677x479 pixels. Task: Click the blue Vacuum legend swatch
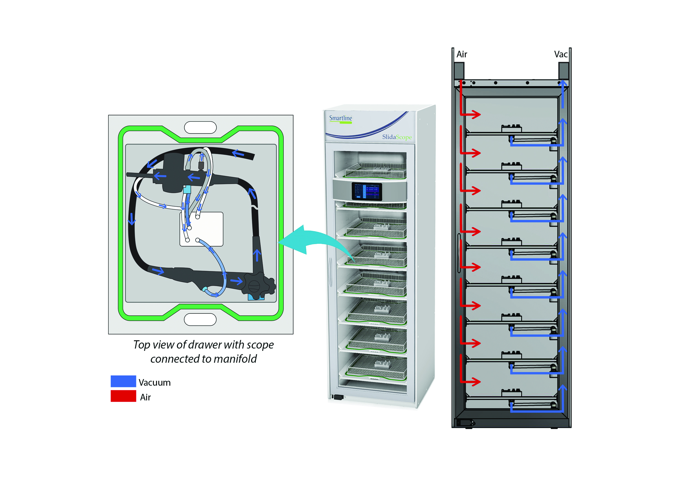123,381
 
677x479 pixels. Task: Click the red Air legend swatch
123,396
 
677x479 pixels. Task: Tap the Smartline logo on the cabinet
341,118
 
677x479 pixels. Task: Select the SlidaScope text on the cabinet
397,137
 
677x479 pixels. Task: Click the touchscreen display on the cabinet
366,191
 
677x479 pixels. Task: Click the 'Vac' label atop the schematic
560,54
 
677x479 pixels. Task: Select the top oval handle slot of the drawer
200,127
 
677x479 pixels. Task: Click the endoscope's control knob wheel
254,286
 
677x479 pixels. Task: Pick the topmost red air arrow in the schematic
472,114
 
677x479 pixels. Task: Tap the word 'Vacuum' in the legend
155,382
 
